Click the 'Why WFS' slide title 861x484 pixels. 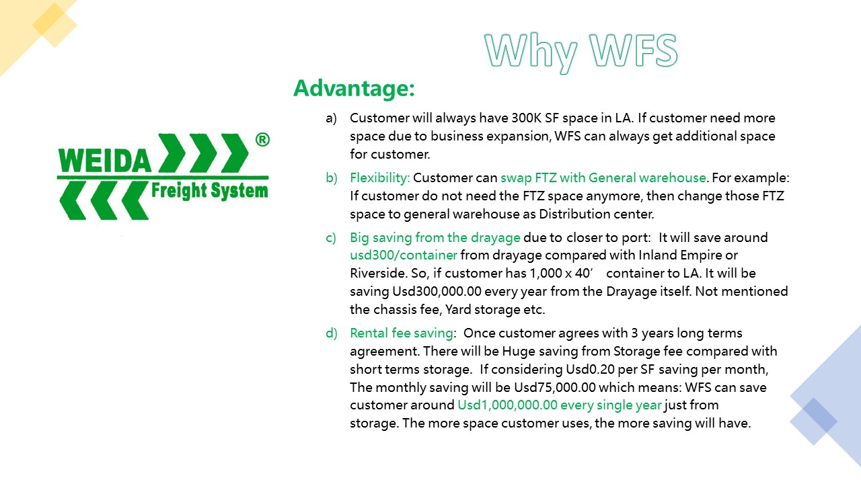(x=581, y=52)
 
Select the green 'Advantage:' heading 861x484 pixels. (x=354, y=88)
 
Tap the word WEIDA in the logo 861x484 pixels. (x=105, y=160)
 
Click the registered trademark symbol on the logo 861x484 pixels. (x=262, y=139)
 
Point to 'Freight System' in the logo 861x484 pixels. (x=209, y=191)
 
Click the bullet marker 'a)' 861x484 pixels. (x=331, y=118)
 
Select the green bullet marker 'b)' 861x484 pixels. (x=332, y=178)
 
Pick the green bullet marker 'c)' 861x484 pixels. (x=330, y=238)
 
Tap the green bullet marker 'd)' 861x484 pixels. (x=332, y=333)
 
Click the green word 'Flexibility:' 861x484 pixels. (x=380, y=178)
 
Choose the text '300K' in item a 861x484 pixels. (x=526, y=118)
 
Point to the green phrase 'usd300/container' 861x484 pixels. (x=404, y=255)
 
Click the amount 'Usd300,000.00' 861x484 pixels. (x=437, y=291)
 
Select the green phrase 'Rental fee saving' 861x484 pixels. (x=402, y=333)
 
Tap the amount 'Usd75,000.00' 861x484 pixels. (x=555, y=387)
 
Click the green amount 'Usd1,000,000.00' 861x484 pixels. (x=507, y=405)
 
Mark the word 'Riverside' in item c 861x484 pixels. (x=378, y=273)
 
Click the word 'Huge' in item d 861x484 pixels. (x=517, y=352)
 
